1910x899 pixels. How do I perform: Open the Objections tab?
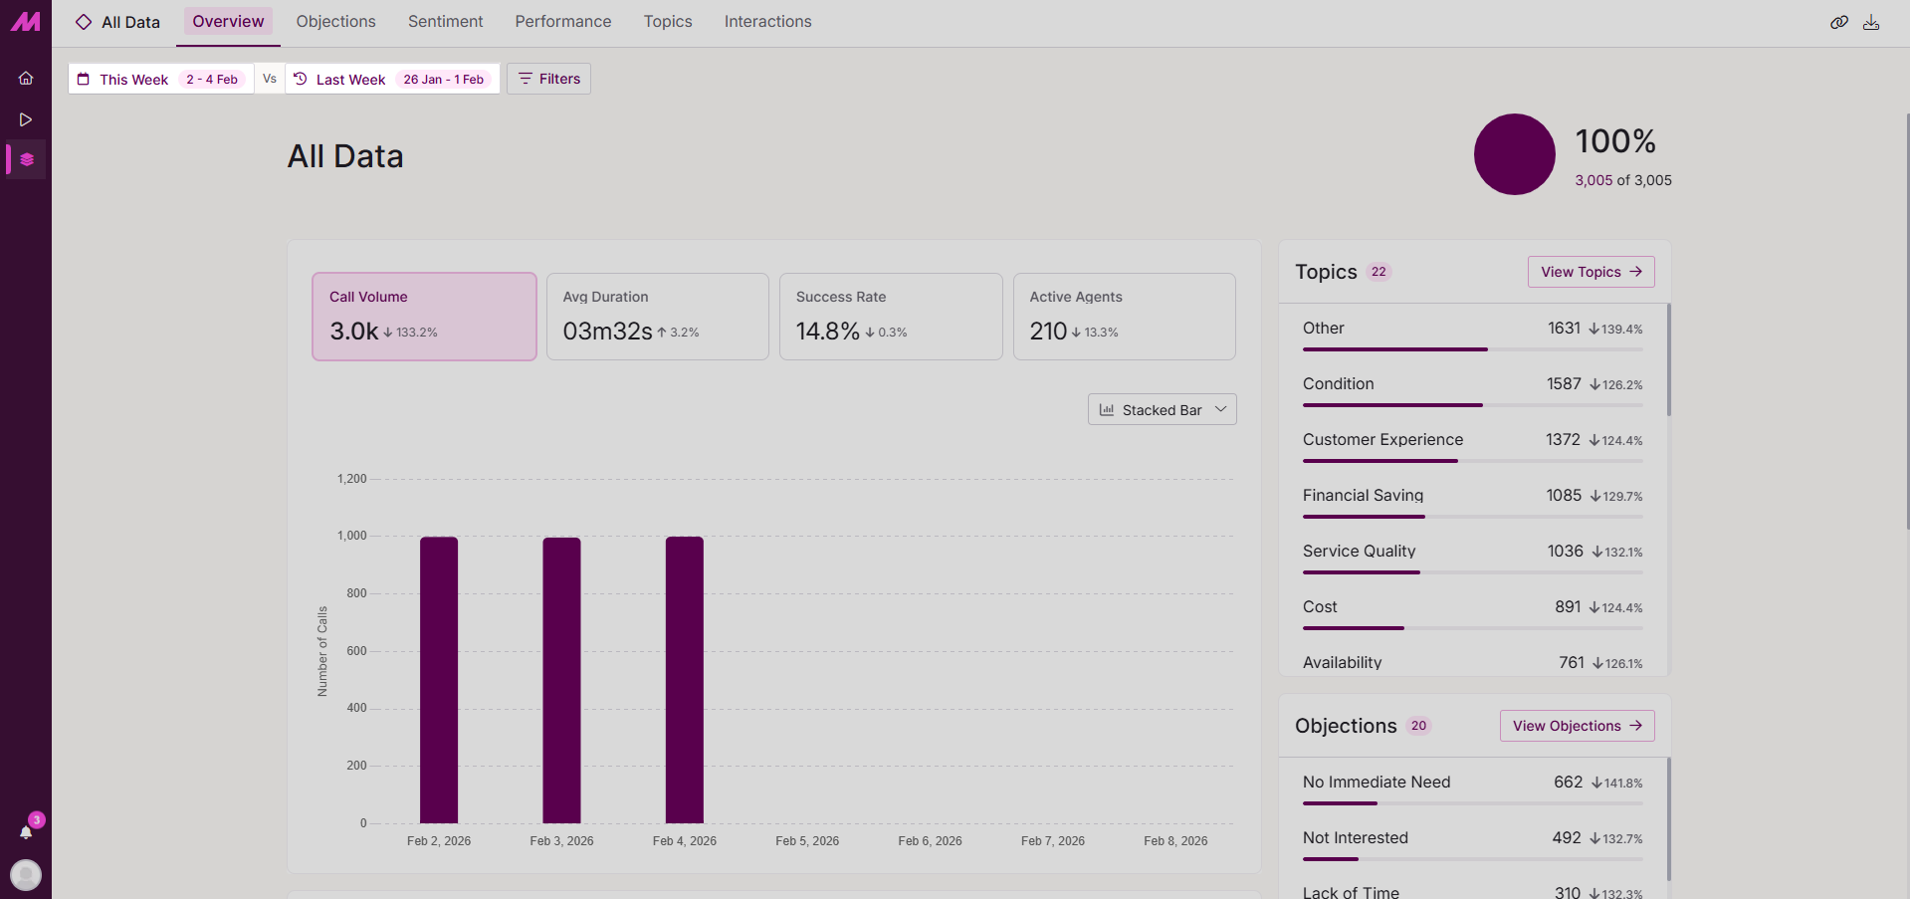(335, 22)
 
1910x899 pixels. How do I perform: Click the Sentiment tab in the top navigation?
(445, 22)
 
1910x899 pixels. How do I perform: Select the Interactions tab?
(767, 22)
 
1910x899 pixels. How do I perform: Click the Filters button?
(548, 79)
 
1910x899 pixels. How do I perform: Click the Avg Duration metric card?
(657, 317)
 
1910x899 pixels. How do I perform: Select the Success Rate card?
(890, 317)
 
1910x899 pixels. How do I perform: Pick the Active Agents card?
(1124, 317)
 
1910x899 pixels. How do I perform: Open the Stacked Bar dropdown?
(1162, 409)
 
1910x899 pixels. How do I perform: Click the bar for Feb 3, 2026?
(561, 680)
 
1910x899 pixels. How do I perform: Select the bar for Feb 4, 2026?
(685, 680)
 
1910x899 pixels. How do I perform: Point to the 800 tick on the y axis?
(356, 593)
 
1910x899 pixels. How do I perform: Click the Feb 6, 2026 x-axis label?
(930, 841)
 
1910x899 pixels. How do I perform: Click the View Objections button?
(1577, 726)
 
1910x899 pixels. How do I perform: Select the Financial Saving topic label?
(1363, 495)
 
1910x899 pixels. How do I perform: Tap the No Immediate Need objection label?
(1377, 783)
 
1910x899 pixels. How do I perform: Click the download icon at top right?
(1871, 22)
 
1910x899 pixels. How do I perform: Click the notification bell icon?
(26, 832)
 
